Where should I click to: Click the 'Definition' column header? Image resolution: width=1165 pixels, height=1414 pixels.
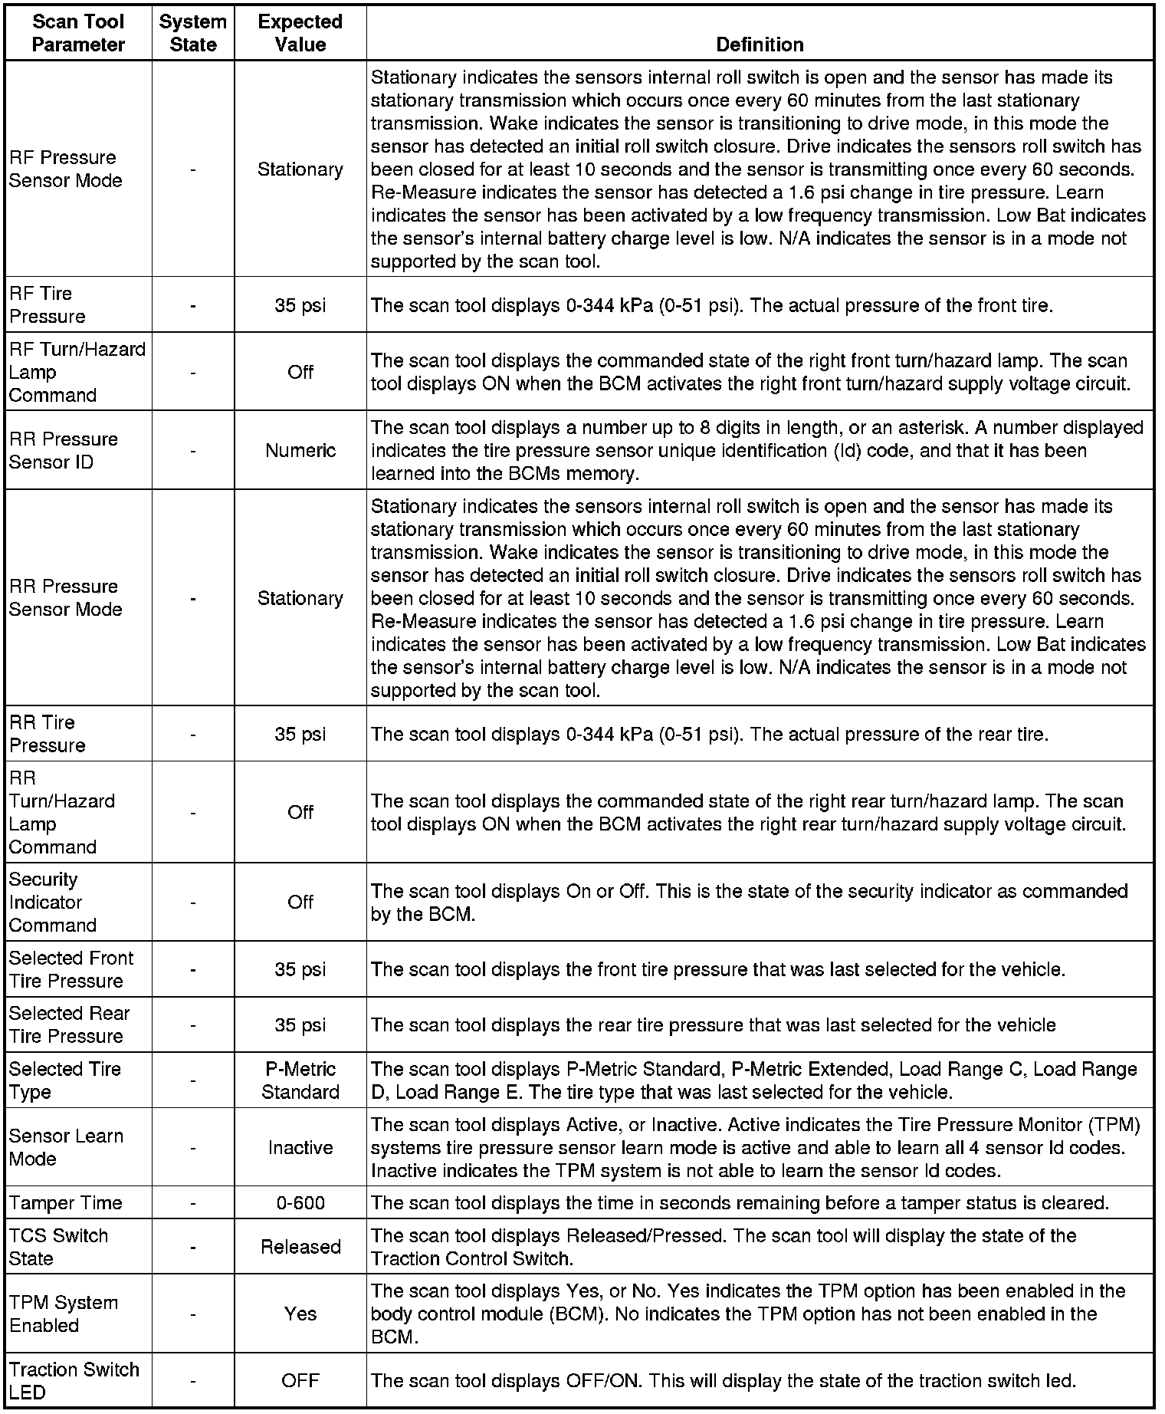click(x=760, y=44)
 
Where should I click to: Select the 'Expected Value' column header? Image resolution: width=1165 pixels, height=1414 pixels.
click(x=300, y=33)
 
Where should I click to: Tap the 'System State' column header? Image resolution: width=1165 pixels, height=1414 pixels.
click(x=192, y=33)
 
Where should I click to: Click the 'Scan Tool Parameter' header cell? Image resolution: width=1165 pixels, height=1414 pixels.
click(x=78, y=33)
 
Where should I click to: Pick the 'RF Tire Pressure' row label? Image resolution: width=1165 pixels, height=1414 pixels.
click(x=48, y=304)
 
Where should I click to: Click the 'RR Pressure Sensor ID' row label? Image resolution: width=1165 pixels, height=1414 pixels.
click(x=64, y=450)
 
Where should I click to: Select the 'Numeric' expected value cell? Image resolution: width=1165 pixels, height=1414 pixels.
click(x=300, y=450)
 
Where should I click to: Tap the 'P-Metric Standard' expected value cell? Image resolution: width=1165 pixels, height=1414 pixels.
click(x=300, y=1080)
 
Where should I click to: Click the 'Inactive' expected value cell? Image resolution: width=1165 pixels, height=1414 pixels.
click(x=300, y=1148)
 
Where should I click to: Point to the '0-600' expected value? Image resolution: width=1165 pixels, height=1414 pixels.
click(x=300, y=1203)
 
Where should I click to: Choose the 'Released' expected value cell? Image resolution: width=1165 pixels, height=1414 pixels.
click(x=300, y=1247)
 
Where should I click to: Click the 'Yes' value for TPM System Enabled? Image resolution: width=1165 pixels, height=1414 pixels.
click(x=300, y=1314)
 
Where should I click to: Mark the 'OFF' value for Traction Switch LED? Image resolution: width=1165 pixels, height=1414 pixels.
click(x=300, y=1381)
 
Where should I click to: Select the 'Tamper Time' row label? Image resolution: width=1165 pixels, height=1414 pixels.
click(x=66, y=1203)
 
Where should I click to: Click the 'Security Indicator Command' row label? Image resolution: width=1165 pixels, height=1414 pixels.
click(x=53, y=902)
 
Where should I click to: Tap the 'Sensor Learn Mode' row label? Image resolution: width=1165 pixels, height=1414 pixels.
click(x=66, y=1147)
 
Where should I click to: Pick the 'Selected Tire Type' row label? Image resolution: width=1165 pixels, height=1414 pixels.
click(x=65, y=1080)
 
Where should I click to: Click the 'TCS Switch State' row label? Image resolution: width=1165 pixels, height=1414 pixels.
click(x=59, y=1247)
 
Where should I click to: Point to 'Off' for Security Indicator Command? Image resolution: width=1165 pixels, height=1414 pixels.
click(x=300, y=902)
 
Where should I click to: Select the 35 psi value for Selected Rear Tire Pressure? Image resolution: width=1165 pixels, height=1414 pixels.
click(x=300, y=1024)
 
